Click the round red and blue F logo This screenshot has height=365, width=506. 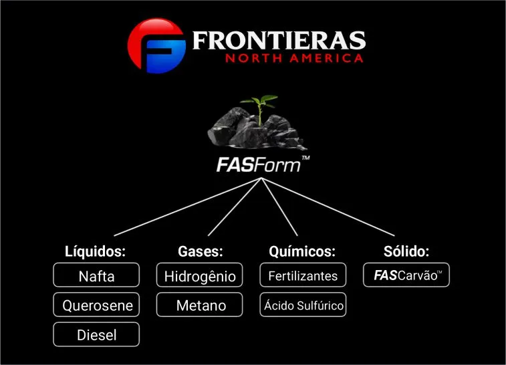pos(156,45)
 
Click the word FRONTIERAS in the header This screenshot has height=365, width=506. pos(279,40)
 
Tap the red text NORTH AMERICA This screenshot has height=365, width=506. pos(294,58)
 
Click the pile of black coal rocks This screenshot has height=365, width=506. pos(257,129)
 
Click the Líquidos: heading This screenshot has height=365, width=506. pos(95,251)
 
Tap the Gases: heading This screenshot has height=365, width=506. pos(201,251)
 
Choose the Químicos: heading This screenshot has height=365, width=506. pos(302,251)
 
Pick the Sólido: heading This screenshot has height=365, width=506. pos(406,251)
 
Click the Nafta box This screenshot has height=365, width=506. pos(96,275)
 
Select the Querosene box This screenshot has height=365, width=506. pos(96,305)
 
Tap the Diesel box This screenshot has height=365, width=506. pos(96,334)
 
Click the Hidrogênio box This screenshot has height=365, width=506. pos(199,275)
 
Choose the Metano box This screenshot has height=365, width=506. pos(199,305)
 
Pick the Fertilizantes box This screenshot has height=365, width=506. pos(303,275)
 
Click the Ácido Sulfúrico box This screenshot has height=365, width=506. pos(303,305)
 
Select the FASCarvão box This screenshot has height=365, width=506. pos(406,275)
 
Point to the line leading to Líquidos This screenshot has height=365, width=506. pos(188,207)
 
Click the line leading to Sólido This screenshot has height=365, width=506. pos(328,207)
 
